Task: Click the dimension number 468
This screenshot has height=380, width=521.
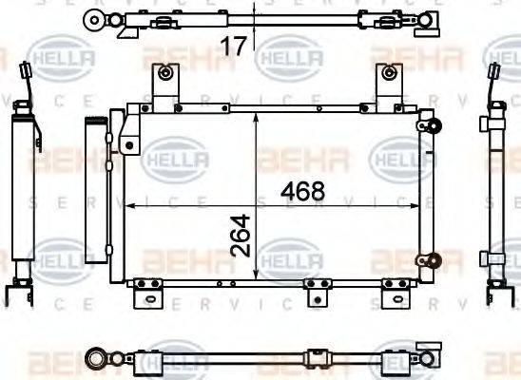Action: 303,191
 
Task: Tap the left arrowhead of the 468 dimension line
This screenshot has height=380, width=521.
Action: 131,205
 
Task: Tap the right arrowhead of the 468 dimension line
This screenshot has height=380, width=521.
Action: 416,205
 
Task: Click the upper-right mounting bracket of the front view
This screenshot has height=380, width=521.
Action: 387,84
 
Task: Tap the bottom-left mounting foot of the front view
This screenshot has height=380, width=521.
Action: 144,291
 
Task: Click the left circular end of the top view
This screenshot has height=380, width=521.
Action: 93,18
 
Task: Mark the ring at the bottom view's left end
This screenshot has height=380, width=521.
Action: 96,357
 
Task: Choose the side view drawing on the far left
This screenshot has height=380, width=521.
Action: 22,180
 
